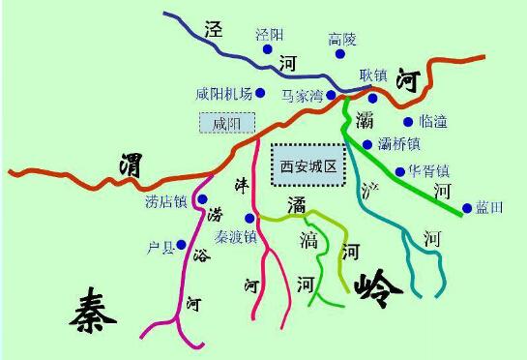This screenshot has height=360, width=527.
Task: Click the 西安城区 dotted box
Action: (307, 165)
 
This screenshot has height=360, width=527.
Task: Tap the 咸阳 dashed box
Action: (226, 123)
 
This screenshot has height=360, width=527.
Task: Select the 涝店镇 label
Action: (165, 202)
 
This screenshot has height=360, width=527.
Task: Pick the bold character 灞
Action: (365, 121)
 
